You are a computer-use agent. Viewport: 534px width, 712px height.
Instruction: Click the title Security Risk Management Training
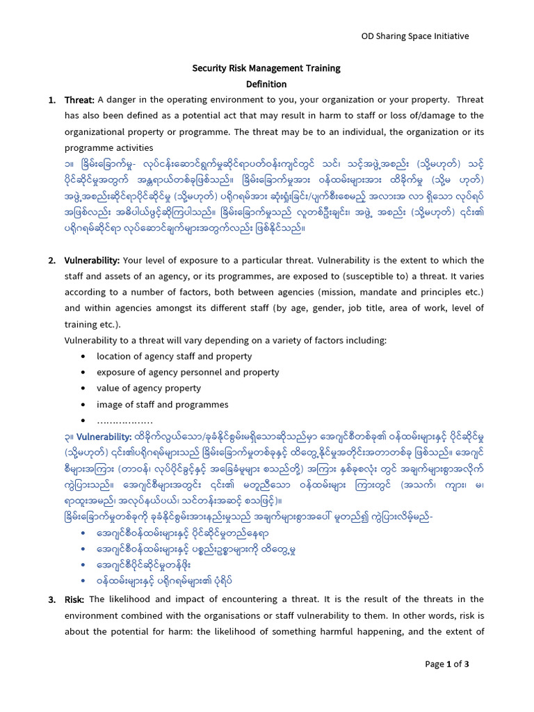pos(266,68)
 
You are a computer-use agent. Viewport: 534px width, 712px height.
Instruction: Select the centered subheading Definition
pos(266,84)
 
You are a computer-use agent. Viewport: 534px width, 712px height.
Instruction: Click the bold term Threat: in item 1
pos(79,100)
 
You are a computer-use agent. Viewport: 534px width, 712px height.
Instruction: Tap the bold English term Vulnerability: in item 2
pos(92,261)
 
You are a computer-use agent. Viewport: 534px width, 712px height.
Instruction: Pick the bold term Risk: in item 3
pos(75,599)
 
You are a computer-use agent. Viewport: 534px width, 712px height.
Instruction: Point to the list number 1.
pos(51,100)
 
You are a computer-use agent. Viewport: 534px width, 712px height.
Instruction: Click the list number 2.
pos(51,261)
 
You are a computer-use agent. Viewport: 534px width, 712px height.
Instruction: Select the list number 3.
pos(51,599)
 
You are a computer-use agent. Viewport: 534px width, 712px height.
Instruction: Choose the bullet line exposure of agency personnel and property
pos(188,373)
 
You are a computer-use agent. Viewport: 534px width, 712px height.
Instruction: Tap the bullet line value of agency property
pos(149,389)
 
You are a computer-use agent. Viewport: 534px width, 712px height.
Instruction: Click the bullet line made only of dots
pos(124,421)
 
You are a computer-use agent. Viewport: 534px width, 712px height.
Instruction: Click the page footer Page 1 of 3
pos(447,664)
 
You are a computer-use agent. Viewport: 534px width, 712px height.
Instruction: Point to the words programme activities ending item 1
pos(108,147)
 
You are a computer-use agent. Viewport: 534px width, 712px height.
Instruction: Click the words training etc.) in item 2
pos(92,325)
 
